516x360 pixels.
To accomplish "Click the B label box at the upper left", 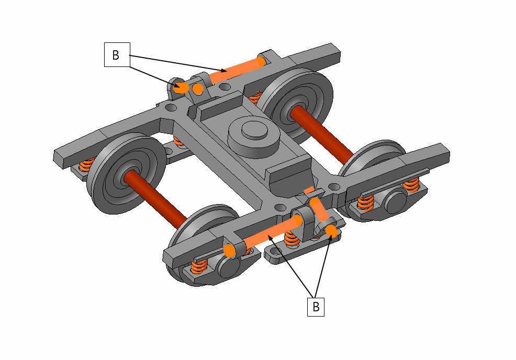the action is click(x=117, y=54).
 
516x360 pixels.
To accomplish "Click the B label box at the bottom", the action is click(x=316, y=307).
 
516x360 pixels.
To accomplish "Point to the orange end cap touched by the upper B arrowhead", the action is click(x=181, y=87).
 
